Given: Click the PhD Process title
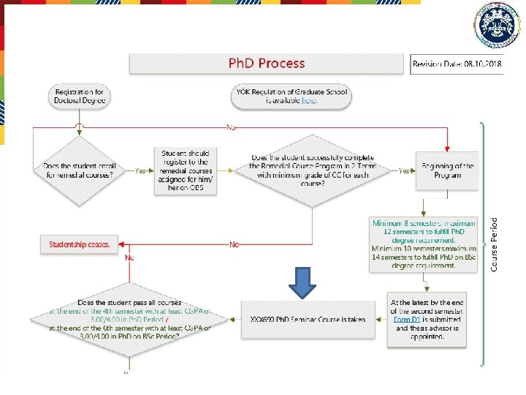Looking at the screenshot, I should click(x=267, y=64).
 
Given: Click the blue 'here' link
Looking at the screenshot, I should click(x=310, y=101).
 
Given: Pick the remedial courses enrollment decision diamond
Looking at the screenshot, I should click(x=80, y=170).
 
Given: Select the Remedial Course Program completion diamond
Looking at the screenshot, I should click(x=313, y=170).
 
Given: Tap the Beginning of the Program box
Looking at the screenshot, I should click(x=448, y=170).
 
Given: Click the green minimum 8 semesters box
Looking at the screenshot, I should click(x=424, y=244).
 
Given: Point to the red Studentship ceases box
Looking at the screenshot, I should click(x=80, y=244).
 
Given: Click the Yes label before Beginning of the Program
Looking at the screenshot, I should click(x=404, y=171).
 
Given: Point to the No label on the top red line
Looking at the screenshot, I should click(x=232, y=127).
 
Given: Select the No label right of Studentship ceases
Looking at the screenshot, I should click(x=234, y=244).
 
